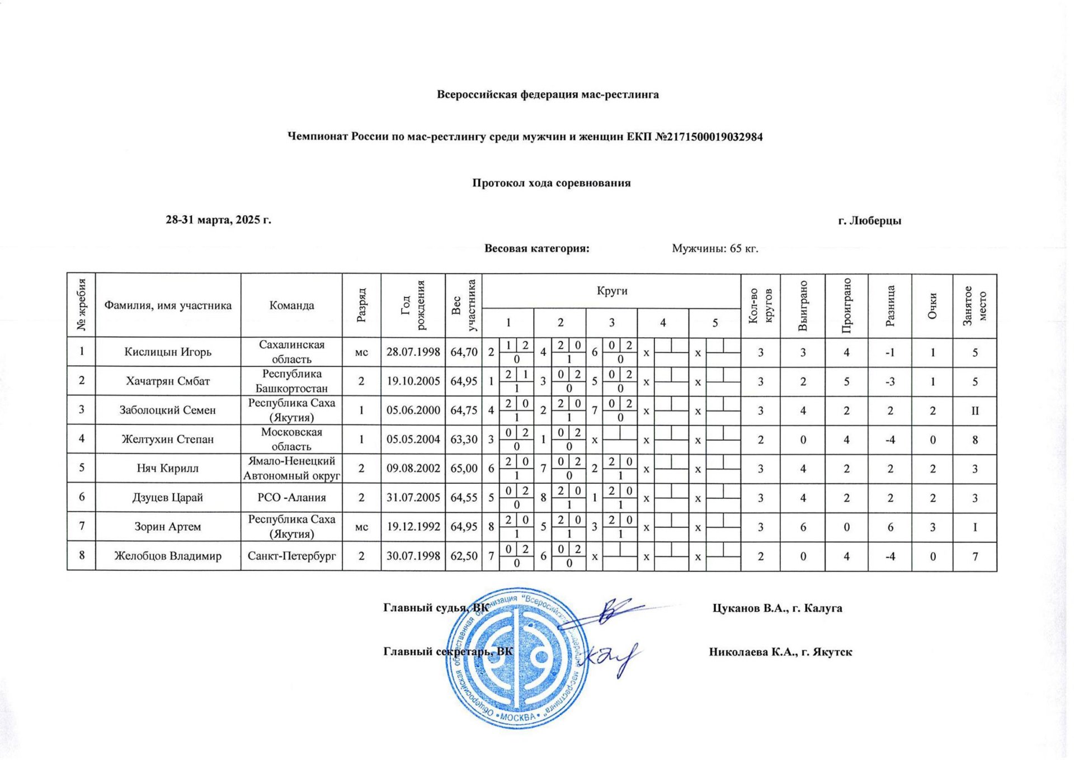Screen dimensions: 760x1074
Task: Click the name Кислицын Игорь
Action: coord(168,352)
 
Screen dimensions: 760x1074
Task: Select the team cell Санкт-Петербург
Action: coord(291,556)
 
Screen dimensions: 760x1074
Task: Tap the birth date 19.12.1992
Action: coord(413,526)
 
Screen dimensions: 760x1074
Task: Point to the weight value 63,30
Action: coord(464,439)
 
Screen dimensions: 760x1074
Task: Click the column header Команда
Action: coord(291,305)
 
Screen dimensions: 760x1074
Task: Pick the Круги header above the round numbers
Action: coord(611,291)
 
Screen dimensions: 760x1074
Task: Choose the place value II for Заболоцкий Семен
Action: coord(974,410)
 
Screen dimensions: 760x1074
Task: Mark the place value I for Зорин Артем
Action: coord(974,527)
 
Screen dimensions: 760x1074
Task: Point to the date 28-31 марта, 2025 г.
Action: coord(218,220)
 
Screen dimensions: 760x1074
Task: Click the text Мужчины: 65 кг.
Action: coord(715,248)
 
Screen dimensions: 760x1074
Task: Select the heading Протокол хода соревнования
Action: coord(551,183)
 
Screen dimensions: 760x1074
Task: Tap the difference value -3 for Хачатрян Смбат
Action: coord(890,381)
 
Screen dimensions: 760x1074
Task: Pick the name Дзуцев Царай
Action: coord(168,497)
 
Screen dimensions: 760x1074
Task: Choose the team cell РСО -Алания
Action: coord(291,497)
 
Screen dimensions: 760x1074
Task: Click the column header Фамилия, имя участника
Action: coord(168,305)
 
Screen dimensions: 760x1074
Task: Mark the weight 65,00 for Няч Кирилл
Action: coord(464,468)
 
